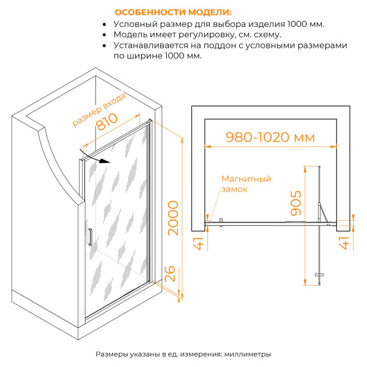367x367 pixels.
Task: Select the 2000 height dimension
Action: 174,218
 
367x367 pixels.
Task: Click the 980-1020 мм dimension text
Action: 269,138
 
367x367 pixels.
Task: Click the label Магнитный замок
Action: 246,184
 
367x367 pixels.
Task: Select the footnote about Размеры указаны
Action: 183,354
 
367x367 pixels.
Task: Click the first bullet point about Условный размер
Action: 219,24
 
